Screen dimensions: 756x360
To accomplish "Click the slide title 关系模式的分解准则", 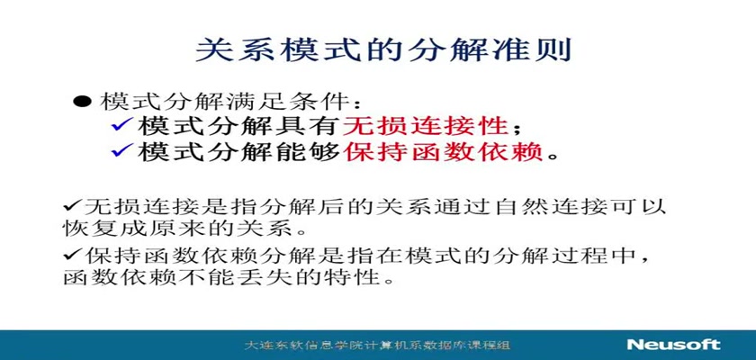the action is point(383,49).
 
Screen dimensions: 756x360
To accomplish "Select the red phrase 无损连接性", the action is point(425,127).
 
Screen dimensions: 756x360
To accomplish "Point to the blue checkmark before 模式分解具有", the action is point(122,127).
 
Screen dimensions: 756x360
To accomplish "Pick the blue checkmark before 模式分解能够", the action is point(122,152).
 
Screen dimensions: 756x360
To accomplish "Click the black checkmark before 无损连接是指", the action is point(72,206).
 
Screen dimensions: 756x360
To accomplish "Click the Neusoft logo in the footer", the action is point(673,345).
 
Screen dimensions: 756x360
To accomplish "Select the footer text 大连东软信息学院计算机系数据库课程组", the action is point(377,345).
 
